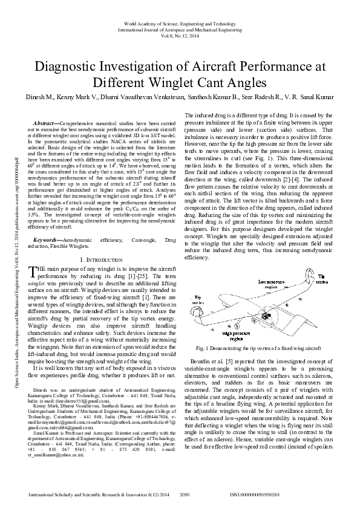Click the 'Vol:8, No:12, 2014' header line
pyautogui.click(x=180, y=35)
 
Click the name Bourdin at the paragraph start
pyautogui.click(x=204, y=361)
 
